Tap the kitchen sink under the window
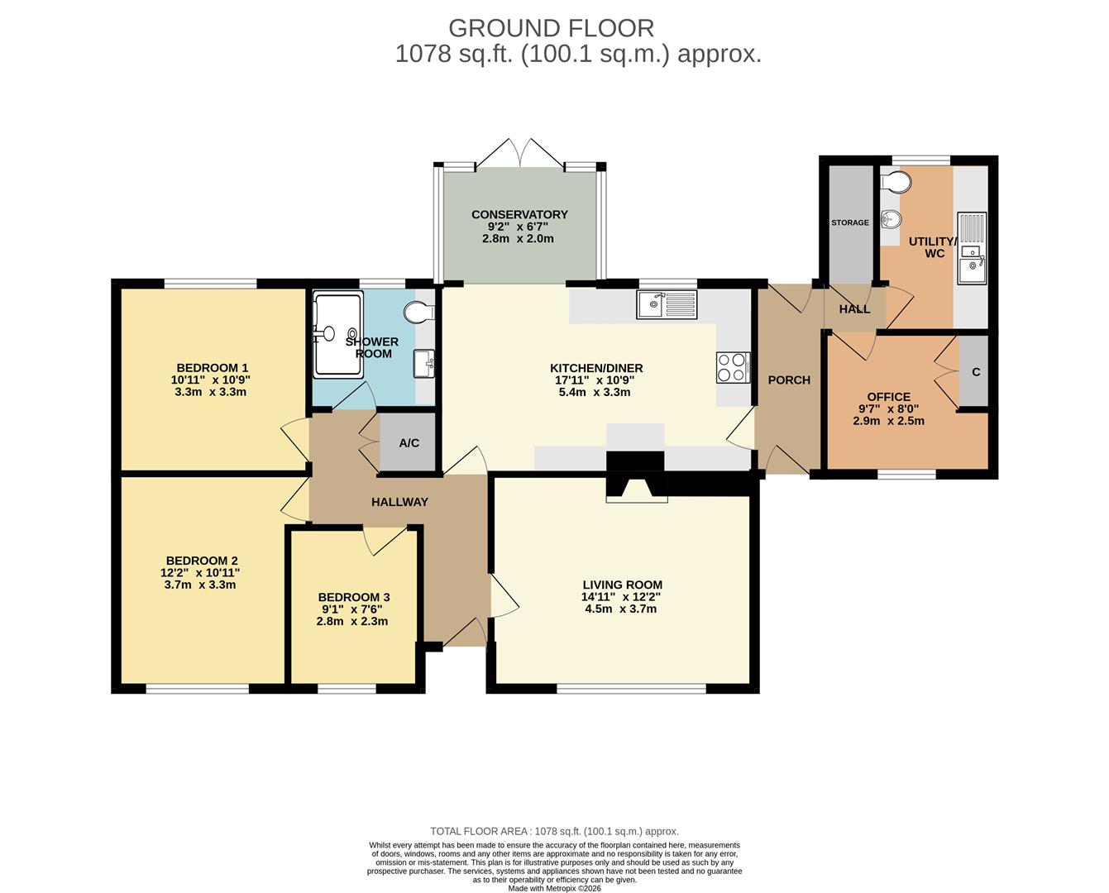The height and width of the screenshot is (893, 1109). pos(667,304)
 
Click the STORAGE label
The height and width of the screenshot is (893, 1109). pos(850,222)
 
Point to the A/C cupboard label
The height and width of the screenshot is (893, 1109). pos(409,442)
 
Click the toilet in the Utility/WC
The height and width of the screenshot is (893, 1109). pos(896,182)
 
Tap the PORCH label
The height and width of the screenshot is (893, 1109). pos(789,380)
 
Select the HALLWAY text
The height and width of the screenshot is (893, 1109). pos(400,502)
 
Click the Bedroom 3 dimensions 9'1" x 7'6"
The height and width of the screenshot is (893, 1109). pos(352,609)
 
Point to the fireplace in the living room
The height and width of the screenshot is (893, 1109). pos(637,476)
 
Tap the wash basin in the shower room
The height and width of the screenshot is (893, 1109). pos(424,364)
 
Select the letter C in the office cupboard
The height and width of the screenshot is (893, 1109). pos(976,372)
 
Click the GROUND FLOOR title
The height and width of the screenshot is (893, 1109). pos(552,28)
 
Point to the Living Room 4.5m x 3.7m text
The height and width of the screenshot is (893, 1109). pos(620,609)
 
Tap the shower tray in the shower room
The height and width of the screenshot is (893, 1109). pos(338,334)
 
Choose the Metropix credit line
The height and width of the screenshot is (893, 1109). pos(554,888)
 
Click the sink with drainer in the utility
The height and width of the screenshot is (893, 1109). pos(972,248)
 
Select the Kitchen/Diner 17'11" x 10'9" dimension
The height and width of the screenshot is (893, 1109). pos(594,380)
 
